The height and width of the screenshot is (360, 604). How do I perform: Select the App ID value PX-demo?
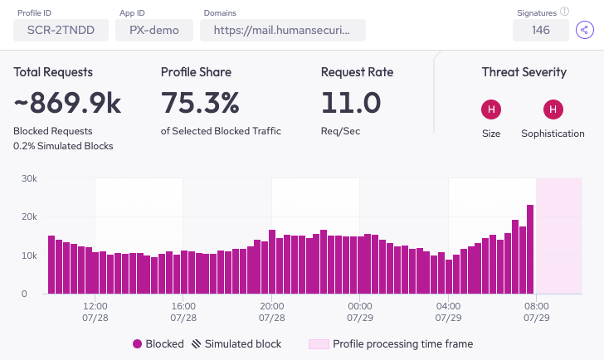pos(154,31)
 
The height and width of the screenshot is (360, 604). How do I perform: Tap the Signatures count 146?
pos(541,31)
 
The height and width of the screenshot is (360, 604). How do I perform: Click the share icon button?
pos(586,31)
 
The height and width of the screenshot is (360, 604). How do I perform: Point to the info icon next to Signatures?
pos(564,12)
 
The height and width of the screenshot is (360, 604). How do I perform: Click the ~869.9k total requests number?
pos(67,103)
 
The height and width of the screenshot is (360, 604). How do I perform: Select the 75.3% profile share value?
pos(200,103)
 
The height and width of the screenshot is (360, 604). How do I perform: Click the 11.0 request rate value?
pos(351,103)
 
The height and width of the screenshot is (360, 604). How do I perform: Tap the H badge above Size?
pos(491,109)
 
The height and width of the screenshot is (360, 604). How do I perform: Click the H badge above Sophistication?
pos(553,109)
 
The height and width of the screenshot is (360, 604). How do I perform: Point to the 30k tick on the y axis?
pos(29,178)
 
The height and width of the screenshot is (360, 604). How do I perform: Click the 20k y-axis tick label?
pos(29,216)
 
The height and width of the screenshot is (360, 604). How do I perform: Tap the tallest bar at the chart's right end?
pos(530,249)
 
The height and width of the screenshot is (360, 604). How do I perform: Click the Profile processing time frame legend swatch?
pos(319,343)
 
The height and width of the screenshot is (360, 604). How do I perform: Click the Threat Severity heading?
pos(524,72)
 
